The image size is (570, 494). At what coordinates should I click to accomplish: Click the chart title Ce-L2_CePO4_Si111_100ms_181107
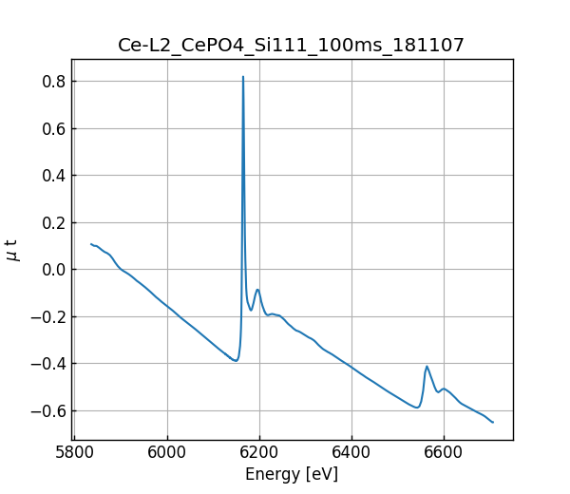[x=291, y=46]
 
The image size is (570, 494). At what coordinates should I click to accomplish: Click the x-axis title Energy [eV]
[x=291, y=474]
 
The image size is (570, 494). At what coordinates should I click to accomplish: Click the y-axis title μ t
[x=12, y=249]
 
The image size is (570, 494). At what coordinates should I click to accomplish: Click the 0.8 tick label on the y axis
[x=52, y=82]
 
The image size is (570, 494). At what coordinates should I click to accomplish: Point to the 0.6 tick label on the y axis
[x=52, y=128]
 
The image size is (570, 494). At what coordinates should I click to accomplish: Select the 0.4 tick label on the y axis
[x=52, y=176]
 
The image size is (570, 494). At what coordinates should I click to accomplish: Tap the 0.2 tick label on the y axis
[x=52, y=222]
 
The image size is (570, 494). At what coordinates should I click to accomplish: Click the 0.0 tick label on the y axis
[x=52, y=270]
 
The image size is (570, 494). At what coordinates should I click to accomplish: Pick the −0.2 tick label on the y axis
[x=47, y=316]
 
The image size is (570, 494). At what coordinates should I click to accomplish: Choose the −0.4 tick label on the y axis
[x=47, y=364]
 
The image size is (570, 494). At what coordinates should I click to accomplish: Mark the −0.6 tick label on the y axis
[x=47, y=410]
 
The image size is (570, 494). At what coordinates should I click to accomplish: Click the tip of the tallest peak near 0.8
[x=243, y=77]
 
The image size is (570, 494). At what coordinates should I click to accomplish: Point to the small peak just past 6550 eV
[x=427, y=367]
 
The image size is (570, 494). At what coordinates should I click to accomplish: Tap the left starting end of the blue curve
[x=91, y=244]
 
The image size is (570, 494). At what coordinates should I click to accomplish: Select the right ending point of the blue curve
[x=493, y=423]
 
